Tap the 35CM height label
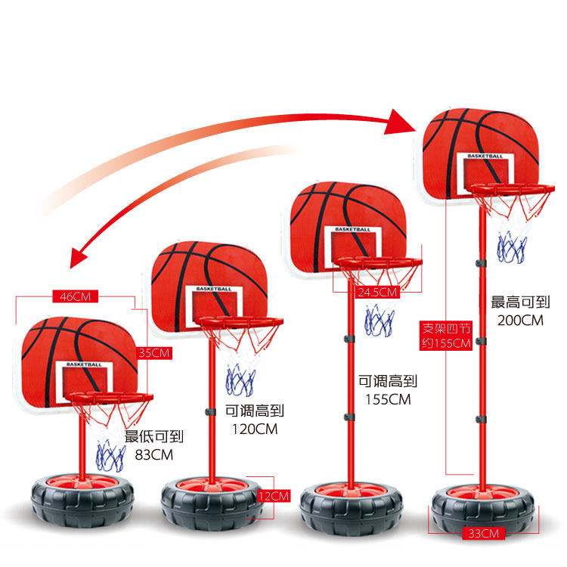pyautogui.click(x=154, y=352)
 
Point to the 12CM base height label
pyautogui.click(x=273, y=496)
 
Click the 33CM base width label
pyautogui.click(x=482, y=534)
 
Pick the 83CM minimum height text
pyautogui.click(x=154, y=454)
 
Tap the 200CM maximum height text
pyautogui.click(x=520, y=320)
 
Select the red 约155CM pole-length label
pyautogui.click(x=446, y=343)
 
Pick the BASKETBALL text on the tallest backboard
pyautogui.click(x=485, y=156)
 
